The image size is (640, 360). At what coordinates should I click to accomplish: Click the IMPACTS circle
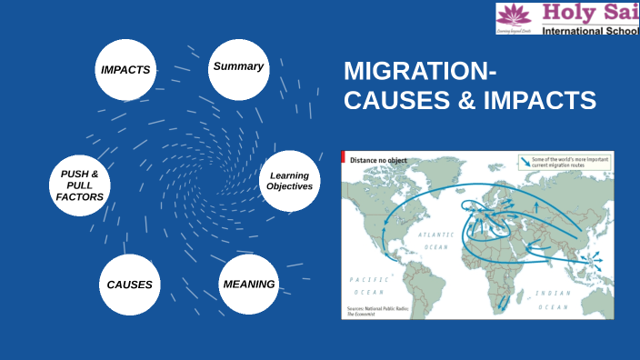[125, 70]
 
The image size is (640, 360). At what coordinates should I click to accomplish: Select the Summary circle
[238, 67]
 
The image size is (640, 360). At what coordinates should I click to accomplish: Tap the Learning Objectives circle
[290, 181]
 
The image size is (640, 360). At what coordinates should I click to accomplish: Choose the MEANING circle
[248, 285]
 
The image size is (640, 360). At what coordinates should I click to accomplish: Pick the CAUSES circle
[129, 285]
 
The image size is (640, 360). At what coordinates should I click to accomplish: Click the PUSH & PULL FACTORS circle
[80, 185]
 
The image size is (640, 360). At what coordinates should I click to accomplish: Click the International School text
[590, 31]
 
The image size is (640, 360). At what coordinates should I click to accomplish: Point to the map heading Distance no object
[378, 160]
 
